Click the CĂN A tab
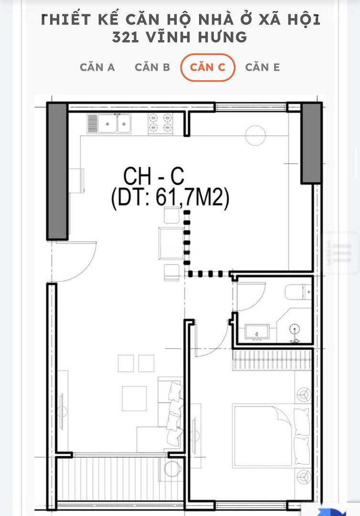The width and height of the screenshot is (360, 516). [x=97, y=67]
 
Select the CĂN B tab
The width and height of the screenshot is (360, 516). [x=152, y=67]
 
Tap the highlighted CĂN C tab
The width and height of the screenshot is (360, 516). [x=207, y=67]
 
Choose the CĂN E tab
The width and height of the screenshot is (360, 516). [x=262, y=67]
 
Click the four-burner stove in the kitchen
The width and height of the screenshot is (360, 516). [x=160, y=123]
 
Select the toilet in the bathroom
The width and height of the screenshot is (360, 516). [x=298, y=292]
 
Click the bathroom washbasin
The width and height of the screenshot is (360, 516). [x=257, y=332]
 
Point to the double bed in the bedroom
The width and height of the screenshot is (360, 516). [x=271, y=436]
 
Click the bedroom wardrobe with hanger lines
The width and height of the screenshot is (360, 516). [x=272, y=360]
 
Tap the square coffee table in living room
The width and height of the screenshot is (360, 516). [x=134, y=398]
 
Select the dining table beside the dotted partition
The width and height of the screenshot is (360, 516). [x=171, y=243]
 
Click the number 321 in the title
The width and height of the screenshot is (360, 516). [x=125, y=37]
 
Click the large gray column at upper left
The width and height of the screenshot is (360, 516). [x=58, y=171]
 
